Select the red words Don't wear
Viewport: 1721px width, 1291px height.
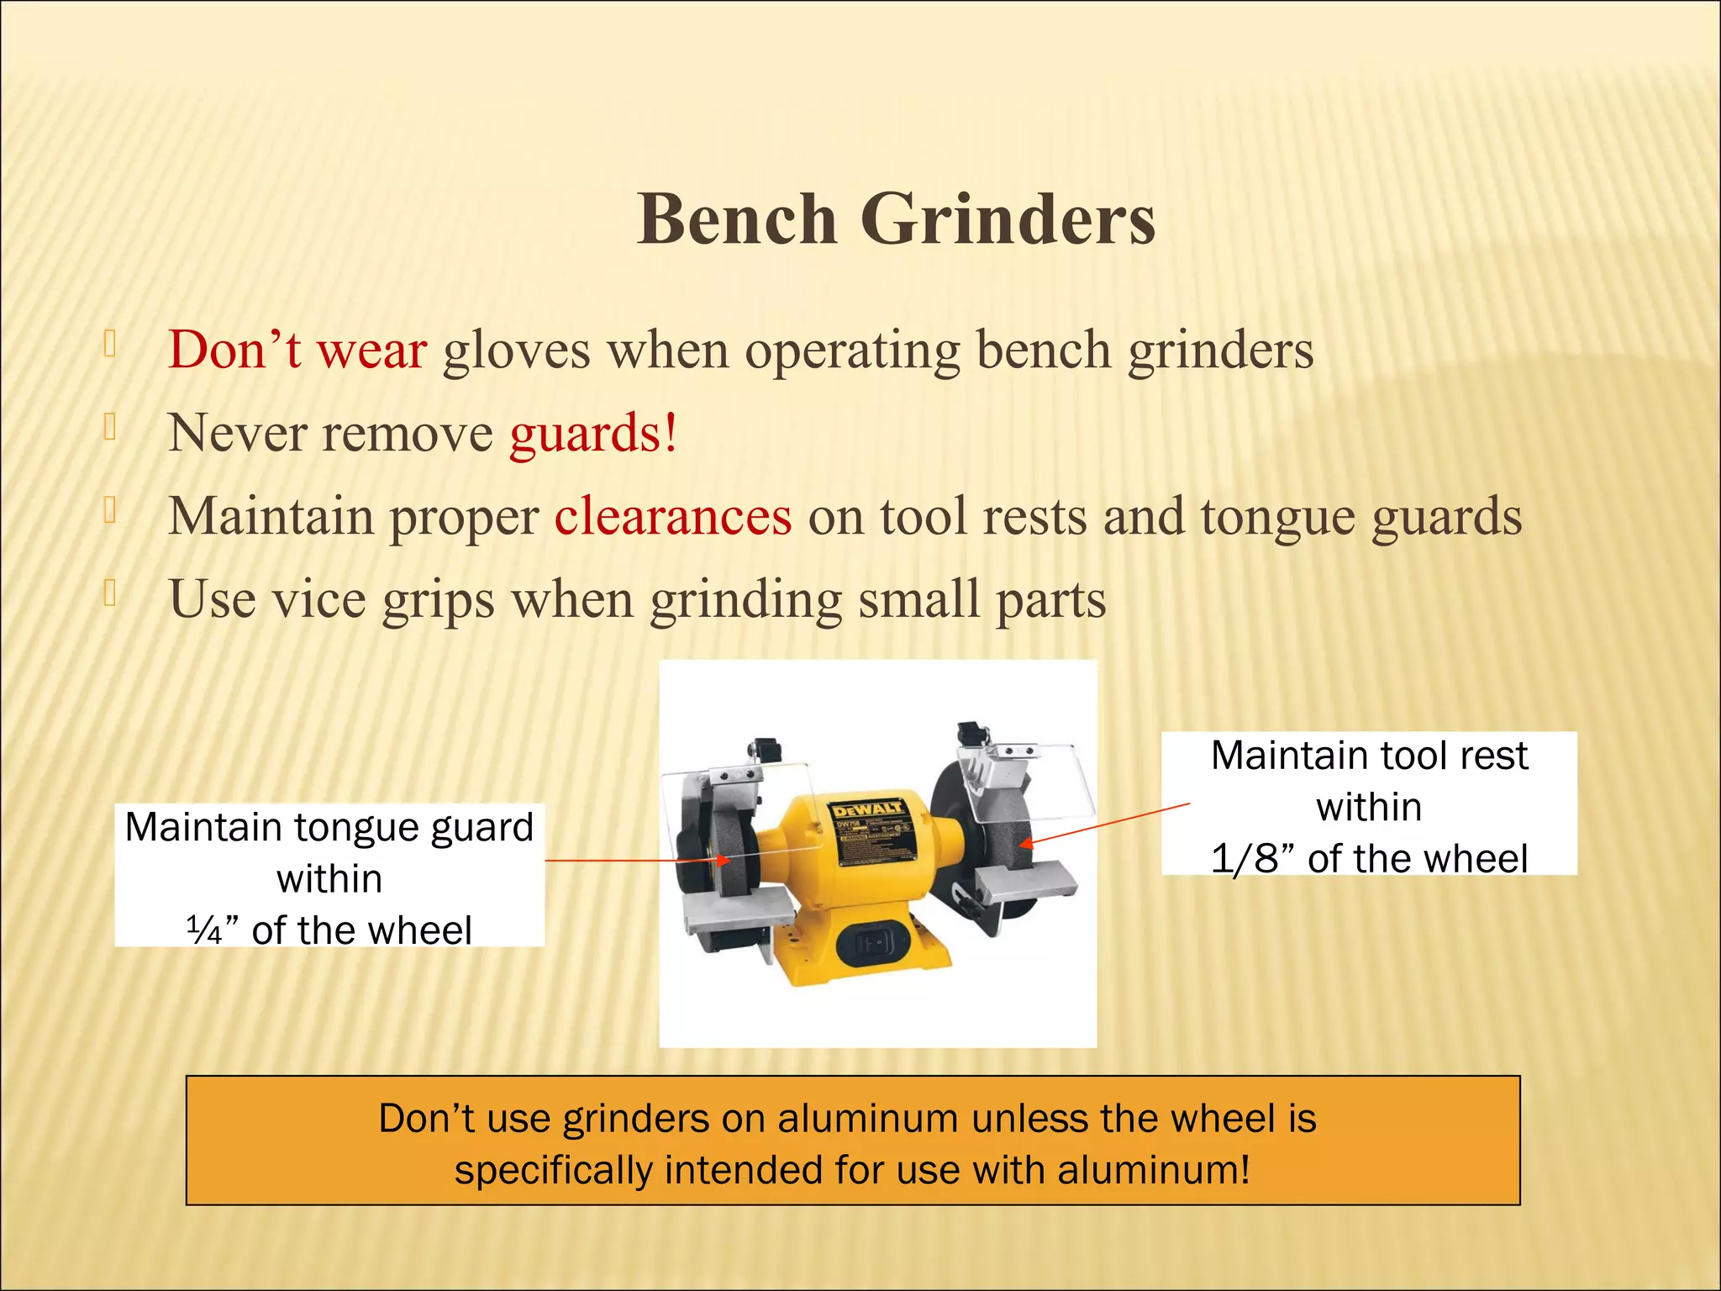(297, 350)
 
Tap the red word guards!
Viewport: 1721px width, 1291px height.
(593, 434)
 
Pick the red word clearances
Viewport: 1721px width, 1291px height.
(672, 516)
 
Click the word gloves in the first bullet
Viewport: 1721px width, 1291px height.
(516, 351)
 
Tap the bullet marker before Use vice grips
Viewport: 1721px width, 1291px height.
(109, 593)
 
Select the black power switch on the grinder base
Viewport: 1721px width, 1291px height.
(874, 945)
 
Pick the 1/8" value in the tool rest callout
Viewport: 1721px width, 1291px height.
(1252, 859)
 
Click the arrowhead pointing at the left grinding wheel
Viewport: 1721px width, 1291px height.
(724, 861)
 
